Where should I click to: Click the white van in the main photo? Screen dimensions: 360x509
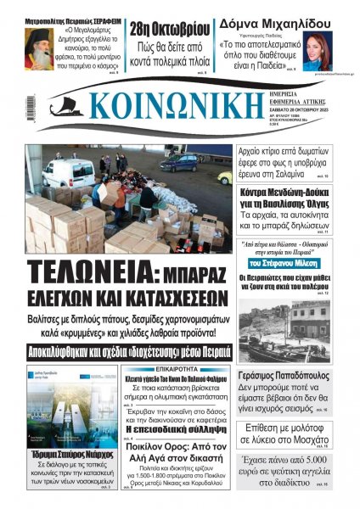click(68, 174)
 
